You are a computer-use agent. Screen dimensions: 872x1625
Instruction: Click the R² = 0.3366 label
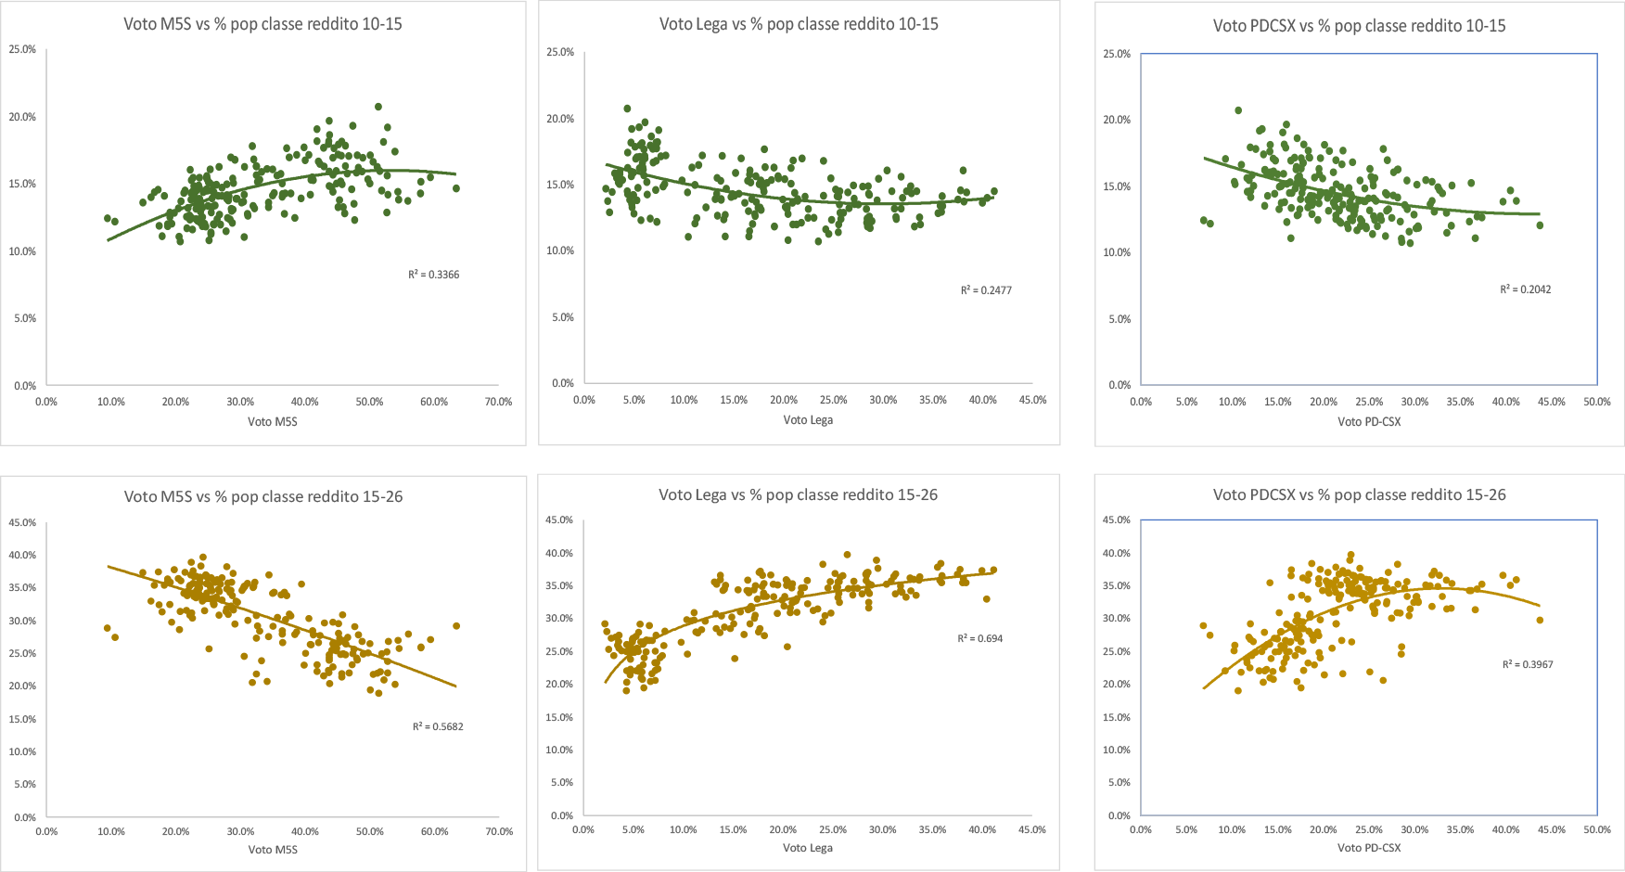434,275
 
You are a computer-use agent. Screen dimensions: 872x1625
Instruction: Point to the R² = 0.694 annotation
980,638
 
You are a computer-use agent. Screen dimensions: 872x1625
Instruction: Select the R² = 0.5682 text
438,726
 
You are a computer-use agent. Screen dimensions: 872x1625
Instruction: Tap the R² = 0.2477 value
986,290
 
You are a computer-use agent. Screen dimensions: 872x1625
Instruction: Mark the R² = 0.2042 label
1526,289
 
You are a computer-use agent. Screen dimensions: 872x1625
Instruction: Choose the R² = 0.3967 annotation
1528,664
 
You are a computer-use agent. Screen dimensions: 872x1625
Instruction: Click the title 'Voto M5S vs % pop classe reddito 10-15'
262,24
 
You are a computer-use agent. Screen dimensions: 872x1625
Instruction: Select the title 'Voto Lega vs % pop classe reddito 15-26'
798,495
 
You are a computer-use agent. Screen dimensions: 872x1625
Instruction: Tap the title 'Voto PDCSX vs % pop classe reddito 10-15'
1359,26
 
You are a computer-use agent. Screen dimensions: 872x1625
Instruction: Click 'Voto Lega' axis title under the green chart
808,420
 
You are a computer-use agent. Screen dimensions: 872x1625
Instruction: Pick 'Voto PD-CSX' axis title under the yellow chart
1369,848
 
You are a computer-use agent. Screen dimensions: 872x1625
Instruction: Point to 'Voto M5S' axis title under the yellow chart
273,850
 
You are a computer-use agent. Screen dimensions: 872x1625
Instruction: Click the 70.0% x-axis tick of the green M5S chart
498,402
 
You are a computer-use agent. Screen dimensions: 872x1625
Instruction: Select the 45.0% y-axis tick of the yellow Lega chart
559,520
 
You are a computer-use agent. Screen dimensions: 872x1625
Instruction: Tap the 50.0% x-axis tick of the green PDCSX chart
1597,402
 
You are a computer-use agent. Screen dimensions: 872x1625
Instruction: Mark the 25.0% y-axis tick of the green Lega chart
560,53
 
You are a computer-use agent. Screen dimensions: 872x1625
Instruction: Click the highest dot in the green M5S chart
378,107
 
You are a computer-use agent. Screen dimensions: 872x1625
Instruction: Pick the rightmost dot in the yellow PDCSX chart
1540,620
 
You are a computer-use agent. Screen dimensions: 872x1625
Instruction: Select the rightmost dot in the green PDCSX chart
1540,225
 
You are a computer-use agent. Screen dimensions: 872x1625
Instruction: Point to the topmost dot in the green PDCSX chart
1238,110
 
